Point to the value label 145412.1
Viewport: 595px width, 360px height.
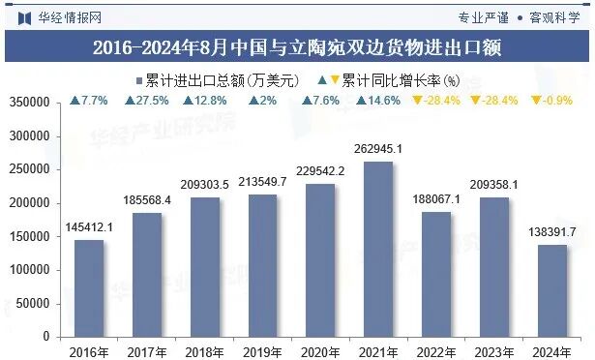pos(89,226)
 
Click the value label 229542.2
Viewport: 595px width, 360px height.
pos(321,171)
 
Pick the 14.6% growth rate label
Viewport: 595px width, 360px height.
pos(378,101)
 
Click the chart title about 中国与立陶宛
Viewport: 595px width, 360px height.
pos(297,46)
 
